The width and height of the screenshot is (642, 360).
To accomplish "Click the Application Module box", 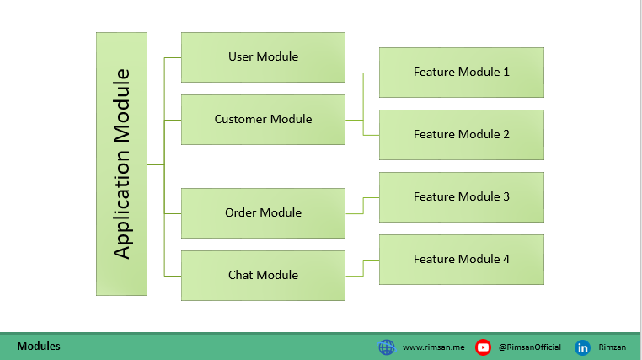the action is [121, 164].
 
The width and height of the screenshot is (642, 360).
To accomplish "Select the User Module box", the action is [263, 57].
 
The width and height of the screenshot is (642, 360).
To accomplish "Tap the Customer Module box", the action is [263, 120].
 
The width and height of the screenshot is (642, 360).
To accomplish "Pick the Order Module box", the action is [263, 213].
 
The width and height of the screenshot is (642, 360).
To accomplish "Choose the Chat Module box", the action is [263, 276].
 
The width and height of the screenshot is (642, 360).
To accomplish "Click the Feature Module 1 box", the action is [462, 73].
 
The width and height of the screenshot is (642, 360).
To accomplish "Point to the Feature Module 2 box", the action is [462, 135].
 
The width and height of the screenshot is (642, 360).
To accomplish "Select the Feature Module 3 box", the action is [462, 197].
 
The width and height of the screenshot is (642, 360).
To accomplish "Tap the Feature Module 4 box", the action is [462, 260].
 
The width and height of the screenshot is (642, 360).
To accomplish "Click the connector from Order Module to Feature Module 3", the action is [363, 206].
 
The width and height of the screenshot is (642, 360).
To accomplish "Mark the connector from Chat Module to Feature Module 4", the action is [363, 268].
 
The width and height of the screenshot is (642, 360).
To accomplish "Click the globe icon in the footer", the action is [386, 347].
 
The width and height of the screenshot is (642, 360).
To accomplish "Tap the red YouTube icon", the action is [483, 347].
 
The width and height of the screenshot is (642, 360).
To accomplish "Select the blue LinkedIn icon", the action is [582, 347].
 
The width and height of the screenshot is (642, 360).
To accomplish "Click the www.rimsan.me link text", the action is [434, 347].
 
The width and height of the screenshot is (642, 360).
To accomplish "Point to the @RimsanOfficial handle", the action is [529, 347].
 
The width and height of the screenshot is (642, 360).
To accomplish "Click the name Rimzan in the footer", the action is [613, 347].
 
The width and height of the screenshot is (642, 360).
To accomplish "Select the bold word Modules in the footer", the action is [39, 346].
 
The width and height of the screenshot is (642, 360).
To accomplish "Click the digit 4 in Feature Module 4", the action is [506, 259].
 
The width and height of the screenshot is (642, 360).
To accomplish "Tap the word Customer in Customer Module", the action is [240, 119].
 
